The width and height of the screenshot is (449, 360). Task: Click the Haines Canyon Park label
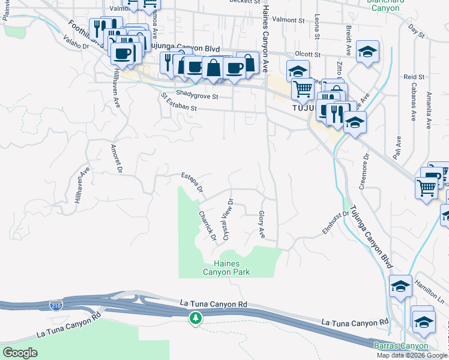(x=231, y=268)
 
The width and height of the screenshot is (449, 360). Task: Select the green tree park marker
(x=194, y=317)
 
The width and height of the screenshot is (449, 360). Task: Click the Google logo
(x=20, y=353)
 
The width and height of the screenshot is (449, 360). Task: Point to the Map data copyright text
(x=412, y=355)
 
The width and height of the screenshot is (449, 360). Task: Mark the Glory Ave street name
(x=262, y=223)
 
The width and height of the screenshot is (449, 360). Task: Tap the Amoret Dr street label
(x=116, y=159)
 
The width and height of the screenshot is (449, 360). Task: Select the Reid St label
(x=414, y=77)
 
